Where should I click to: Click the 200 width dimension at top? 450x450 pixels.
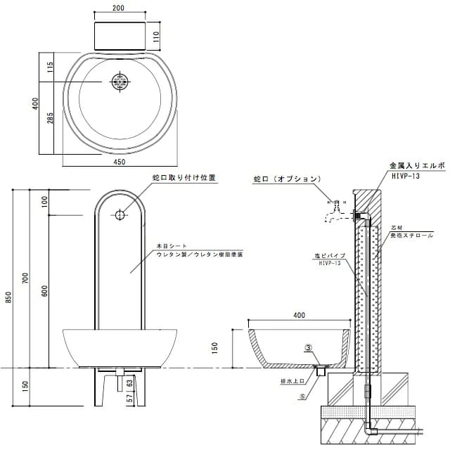tap(118, 8)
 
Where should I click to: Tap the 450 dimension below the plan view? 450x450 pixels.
tap(119, 162)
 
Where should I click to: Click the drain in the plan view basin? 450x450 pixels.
tap(119, 82)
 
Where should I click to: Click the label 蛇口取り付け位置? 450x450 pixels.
tap(184, 179)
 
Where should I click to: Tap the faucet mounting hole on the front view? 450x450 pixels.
tap(120, 215)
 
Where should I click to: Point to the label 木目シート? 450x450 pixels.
tap(172, 246)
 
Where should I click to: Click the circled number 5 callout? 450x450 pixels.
tap(302, 396)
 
